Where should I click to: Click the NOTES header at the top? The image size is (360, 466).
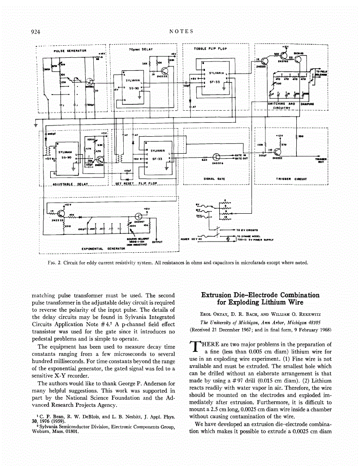(182, 31)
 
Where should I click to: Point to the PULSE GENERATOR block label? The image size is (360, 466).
(67, 51)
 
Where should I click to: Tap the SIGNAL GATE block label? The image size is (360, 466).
(214, 178)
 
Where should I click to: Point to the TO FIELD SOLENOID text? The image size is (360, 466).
(322, 73)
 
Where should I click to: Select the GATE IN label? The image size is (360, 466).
(242, 155)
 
